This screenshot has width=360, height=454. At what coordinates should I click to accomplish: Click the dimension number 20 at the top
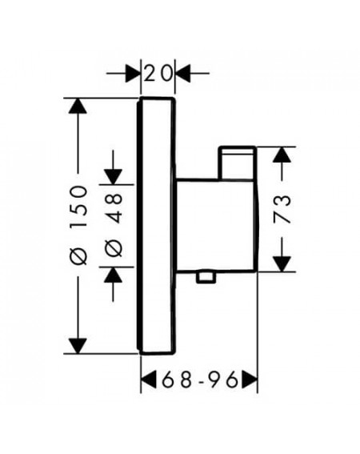tap(158, 74)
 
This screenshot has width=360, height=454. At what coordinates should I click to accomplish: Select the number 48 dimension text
tap(114, 208)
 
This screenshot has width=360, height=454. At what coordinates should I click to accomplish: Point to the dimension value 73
tap(282, 209)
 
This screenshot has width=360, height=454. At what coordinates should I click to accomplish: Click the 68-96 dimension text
tap(200, 380)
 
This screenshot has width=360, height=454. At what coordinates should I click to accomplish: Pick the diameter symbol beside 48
tap(114, 248)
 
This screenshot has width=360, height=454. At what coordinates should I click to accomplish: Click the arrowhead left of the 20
tap(133, 74)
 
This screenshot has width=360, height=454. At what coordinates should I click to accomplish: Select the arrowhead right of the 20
tap(182, 74)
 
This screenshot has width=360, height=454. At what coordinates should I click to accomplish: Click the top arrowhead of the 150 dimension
tap(78, 106)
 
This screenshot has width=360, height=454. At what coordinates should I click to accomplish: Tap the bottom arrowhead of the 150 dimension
tap(78, 346)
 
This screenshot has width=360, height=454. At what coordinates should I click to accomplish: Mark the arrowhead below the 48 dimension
tap(113, 275)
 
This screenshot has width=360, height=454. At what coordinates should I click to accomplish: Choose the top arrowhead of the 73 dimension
tap(282, 155)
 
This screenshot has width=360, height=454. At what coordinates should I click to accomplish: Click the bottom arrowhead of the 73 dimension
tap(282, 264)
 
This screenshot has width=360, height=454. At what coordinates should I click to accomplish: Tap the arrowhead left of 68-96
tap(149, 380)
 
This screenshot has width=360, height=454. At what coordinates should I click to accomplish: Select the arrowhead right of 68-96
tap(250, 380)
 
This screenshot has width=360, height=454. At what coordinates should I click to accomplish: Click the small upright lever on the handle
tap(237, 163)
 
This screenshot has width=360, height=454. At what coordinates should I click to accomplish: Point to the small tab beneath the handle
tap(206, 277)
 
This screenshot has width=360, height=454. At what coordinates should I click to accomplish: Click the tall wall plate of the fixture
tap(156, 226)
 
